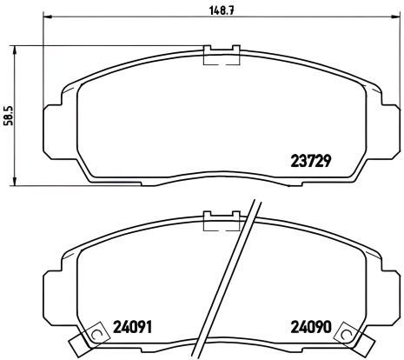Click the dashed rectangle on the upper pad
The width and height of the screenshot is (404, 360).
(x=221, y=57)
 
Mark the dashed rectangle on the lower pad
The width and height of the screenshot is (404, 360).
(x=221, y=223)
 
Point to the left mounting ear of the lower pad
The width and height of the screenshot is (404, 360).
(x=51, y=281)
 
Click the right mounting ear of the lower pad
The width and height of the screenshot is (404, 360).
(x=389, y=281)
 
